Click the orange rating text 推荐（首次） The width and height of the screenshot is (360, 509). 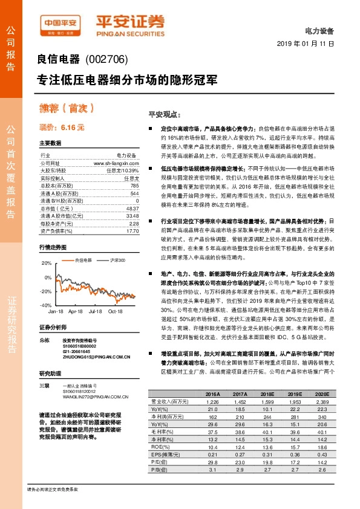67,109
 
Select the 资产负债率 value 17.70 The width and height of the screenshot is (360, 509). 133,230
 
